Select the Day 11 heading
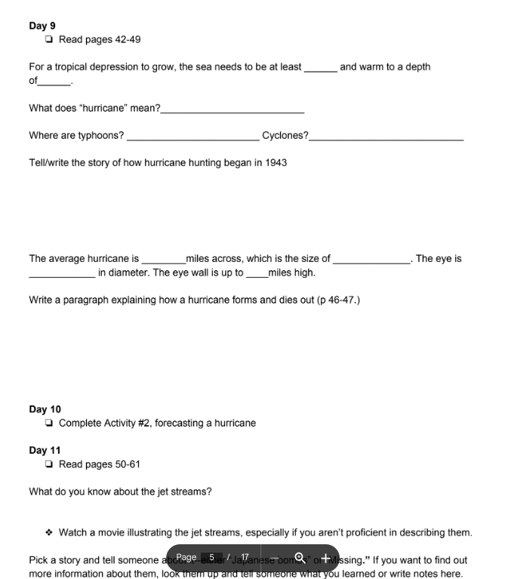click(x=45, y=450)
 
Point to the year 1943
click(x=275, y=162)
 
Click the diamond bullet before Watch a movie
click(x=49, y=533)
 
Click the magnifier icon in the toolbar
click(x=300, y=558)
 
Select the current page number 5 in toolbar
click(x=212, y=558)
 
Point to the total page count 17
click(x=245, y=558)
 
